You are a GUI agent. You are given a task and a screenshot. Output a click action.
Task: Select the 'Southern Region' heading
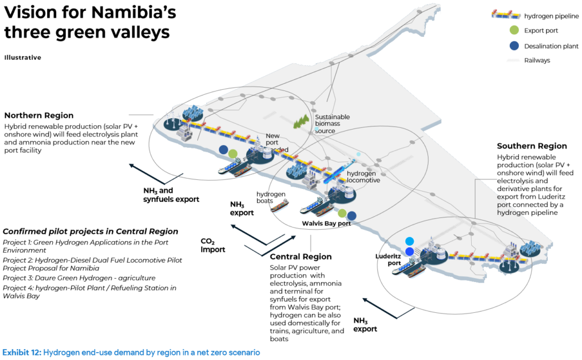(x=532, y=146)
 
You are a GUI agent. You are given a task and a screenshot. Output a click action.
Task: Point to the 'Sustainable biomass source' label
(x=332, y=124)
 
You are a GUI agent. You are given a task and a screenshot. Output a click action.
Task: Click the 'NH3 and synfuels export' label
(x=171, y=195)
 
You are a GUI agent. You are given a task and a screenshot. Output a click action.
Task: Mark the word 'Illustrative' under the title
(x=23, y=57)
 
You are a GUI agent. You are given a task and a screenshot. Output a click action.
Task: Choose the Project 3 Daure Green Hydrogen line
(x=79, y=278)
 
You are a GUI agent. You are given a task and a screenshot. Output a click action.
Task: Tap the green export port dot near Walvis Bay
(x=342, y=213)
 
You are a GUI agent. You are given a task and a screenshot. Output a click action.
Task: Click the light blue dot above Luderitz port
(x=409, y=241)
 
